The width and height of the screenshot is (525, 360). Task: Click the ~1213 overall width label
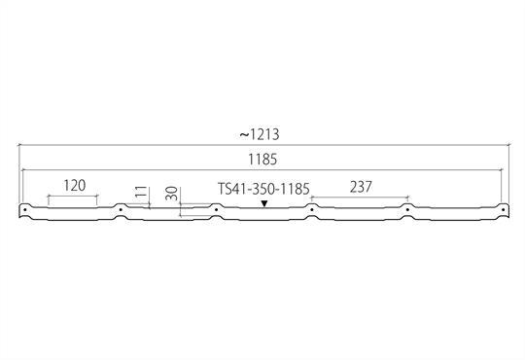point(260,134)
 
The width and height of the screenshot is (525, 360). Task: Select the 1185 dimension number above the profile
point(262,160)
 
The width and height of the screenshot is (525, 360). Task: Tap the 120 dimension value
point(74,186)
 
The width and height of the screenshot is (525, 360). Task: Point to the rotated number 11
point(142,192)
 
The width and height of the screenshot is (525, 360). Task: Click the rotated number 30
point(171,194)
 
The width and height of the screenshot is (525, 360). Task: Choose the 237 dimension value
point(361,187)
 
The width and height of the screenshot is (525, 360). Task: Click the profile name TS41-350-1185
point(263,189)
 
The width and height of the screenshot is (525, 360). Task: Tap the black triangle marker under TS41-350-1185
point(264,203)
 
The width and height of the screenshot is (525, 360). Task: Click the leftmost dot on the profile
point(24,210)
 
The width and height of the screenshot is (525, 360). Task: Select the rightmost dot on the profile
point(503,210)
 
